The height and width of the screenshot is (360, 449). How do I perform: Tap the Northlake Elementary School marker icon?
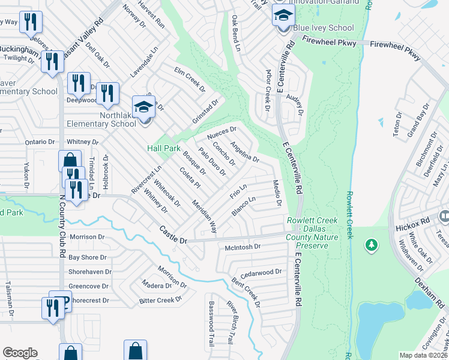coord(143,107)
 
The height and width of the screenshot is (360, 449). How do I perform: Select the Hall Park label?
coord(164,148)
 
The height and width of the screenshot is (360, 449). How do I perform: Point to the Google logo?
coord(20,353)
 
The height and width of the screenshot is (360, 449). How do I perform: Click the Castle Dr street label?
coord(173,234)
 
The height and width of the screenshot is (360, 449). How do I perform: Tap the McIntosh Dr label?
coord(243,247)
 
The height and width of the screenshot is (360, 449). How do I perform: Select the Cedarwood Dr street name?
coord(261,272)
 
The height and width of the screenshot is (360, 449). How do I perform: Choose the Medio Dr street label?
coord(277,191)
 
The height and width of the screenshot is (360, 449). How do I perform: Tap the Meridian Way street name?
coord(205,217)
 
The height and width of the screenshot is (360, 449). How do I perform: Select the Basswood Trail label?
coord(211,328)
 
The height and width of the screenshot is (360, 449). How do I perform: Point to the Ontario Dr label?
coord(40,142)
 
